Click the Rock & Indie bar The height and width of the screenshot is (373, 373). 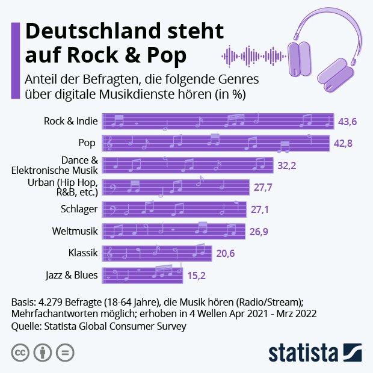coord(218,122)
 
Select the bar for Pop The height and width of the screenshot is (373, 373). coord(215,143)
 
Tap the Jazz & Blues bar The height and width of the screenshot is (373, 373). coord(143,276)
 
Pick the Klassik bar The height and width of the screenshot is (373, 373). coord(157,253)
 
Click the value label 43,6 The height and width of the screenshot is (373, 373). coord(348,122)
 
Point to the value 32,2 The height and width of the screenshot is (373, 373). coord(286,165)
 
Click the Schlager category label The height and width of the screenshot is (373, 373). coord(79,209)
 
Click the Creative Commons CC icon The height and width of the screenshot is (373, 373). coord(20,352)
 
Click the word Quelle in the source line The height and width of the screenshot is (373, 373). coord(26,327)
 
